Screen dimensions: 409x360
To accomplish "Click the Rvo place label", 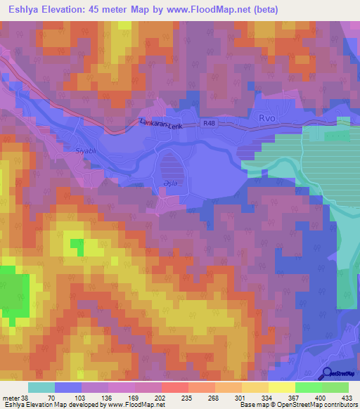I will pyautogui.click(x=268, y=118).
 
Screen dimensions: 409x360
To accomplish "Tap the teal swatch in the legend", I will pyautogui.click(x=41, y=387).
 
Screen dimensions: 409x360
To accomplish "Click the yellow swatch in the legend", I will pyautogui.click(x=281, y=387).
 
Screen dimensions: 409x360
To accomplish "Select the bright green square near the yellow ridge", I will pyautogui.click(x=75, y=247).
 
